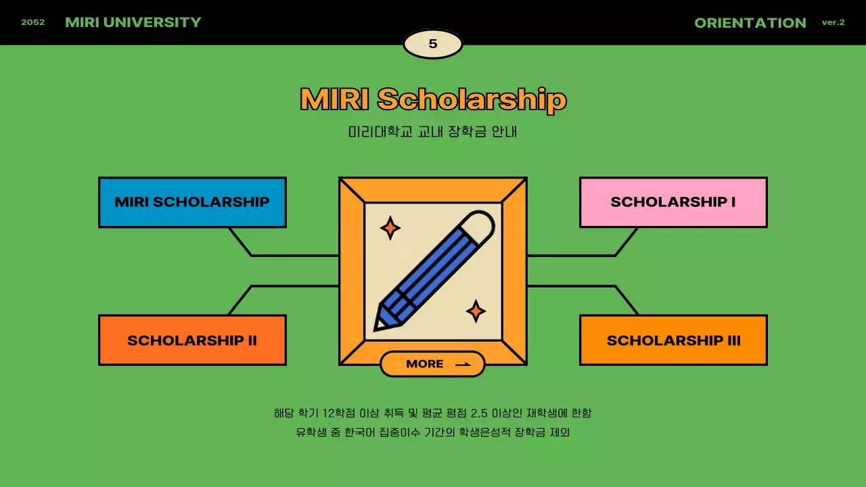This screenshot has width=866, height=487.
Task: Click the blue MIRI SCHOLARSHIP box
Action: point(192,202)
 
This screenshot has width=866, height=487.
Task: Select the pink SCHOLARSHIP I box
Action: point(673,202)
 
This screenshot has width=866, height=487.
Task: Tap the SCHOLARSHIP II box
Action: point(192,340)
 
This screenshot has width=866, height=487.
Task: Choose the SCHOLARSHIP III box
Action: point(673,340)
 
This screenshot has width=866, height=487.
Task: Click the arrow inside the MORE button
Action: point(463,365)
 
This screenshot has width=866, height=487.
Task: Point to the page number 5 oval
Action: point(433,45)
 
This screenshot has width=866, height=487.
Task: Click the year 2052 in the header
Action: point(33,22)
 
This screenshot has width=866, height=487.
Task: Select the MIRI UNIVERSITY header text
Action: point(133,22)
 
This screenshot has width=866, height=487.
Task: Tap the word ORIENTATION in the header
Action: point(750,23)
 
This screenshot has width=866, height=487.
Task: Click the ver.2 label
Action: point(833,22)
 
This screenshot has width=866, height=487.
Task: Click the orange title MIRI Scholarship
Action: point(433,99)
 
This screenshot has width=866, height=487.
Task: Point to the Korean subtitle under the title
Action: point(433,132)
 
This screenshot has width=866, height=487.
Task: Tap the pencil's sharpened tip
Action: point(380,324)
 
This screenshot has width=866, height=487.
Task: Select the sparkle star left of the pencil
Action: point(390,228)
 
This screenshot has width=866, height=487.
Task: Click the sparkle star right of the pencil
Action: point(476,311)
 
